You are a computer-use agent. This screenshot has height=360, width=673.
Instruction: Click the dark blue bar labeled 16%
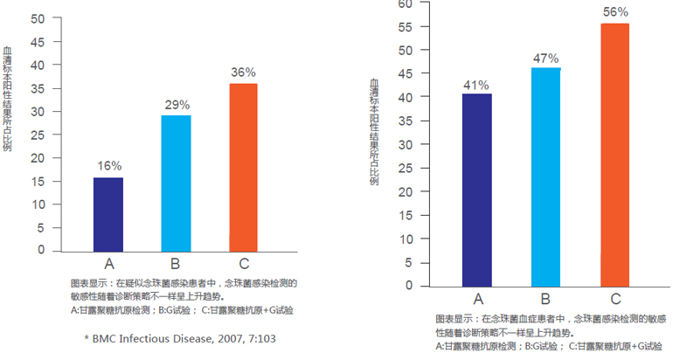(109, 214)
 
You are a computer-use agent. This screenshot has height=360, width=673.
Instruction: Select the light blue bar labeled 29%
(176, 183)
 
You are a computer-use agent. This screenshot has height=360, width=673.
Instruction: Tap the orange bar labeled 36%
(243, 167)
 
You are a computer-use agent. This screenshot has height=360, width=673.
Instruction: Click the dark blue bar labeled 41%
(477, 190)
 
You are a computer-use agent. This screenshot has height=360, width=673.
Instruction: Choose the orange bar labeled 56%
(615, 155)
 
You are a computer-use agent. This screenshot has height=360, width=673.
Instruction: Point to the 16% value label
(109, 165)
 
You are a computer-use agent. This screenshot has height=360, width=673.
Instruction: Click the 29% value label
(177, 105)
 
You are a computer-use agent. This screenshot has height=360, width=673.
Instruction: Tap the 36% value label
(243, 73)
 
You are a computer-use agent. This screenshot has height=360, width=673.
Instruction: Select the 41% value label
(477, 85)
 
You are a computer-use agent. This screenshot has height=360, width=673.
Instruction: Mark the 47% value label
(546, 58)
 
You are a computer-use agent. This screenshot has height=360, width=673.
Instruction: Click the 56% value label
(615, 12)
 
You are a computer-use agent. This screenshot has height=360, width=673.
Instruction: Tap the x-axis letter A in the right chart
(478, 298)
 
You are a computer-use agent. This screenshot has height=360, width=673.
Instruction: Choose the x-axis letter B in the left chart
(176, 263)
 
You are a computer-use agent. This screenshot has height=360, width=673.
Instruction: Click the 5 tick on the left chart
(39, 227)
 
